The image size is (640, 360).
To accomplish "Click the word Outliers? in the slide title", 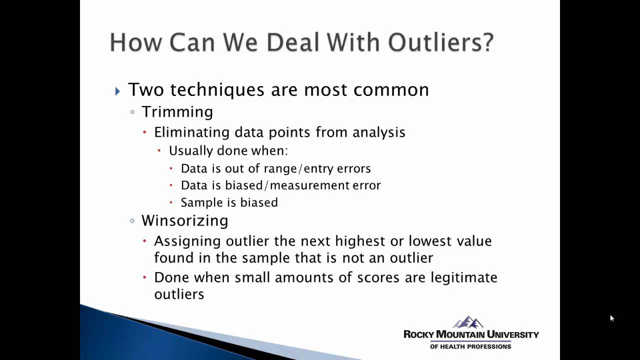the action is [x=441, y=42].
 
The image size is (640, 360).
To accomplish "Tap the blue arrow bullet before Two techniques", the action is [x=117, y=91].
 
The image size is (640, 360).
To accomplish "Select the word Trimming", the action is [x=177, y=112].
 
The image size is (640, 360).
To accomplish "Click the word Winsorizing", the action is [x=185, y=220].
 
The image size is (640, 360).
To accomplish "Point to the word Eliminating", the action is [x=192, y=132].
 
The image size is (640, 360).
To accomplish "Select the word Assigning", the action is [x=187, y=241].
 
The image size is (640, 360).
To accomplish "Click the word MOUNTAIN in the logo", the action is [x=460, y=334].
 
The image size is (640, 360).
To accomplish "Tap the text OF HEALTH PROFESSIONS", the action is [x=470, y=346].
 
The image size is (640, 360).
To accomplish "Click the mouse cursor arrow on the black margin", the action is [x=611, y=318].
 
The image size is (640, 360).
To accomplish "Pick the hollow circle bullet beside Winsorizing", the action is [x=132, y=221].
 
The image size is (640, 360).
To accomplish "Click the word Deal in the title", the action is [x=293, y=42].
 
